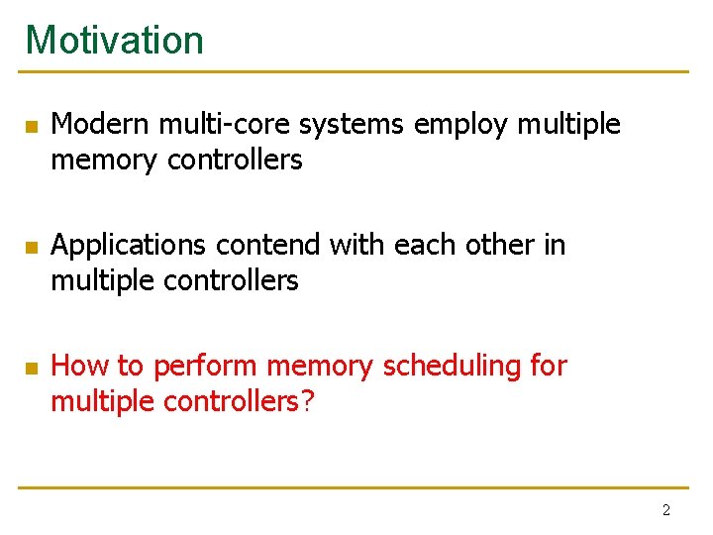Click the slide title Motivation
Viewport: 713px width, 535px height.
click(114, 41)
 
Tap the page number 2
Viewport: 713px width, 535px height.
click(665, 510)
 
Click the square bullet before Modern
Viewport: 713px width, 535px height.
click(31, 127)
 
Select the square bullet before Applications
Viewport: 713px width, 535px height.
click(31, 247)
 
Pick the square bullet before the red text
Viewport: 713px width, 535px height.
click(31, 369)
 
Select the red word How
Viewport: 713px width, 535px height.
click(80, 366)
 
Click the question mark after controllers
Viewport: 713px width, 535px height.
click(306, 402)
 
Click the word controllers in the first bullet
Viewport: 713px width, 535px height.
click(235, 160)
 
